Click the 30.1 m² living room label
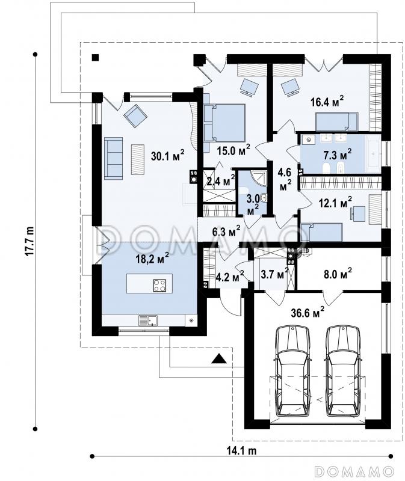[168, 156]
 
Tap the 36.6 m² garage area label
[308, 312]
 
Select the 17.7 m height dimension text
[29, 241]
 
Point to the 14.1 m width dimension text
[241, 450]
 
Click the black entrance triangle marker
[219, 358]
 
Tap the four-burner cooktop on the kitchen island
[159, 285]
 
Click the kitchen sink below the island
[148, 320]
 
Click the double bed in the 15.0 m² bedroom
[224, 123]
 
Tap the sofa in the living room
[114, 158]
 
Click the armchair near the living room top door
[135, 115]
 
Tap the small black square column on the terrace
[96, 57]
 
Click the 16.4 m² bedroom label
[327, 102]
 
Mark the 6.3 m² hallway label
[226, 232]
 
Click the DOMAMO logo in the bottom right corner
[354, 471]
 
